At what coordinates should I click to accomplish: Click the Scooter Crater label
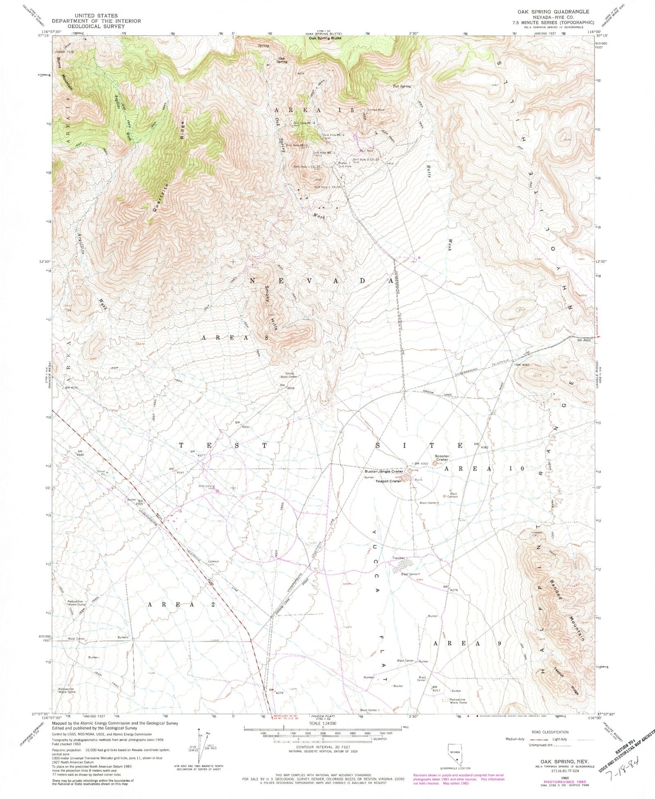(441, 458)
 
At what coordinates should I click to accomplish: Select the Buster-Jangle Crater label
(384, 472)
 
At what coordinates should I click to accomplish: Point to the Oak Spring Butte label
(325, 38)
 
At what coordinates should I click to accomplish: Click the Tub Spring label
(402, 86)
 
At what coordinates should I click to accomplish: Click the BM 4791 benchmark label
(73, 388)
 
